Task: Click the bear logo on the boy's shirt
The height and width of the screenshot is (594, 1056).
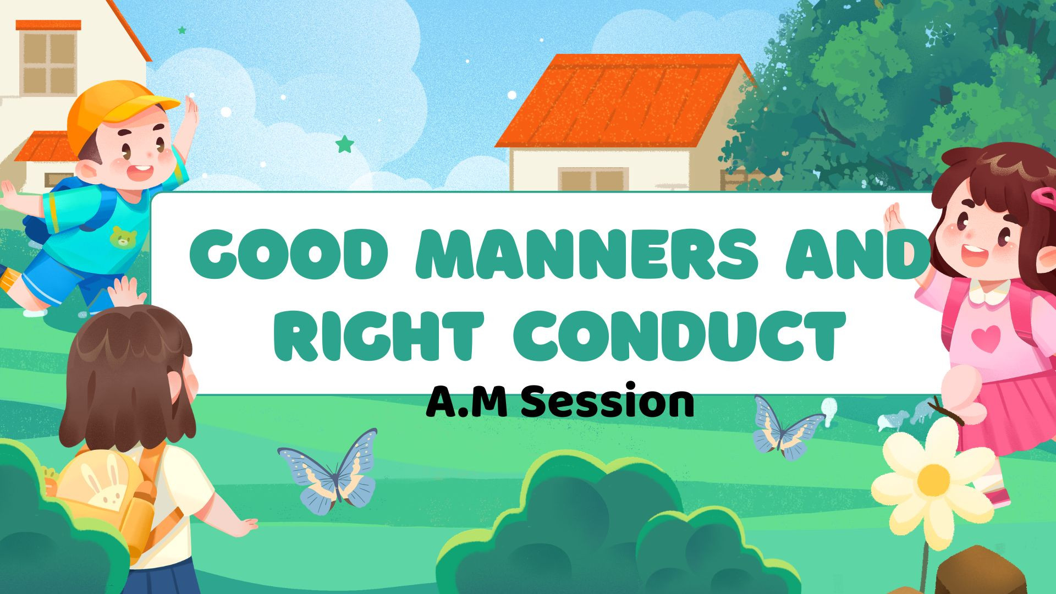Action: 124,236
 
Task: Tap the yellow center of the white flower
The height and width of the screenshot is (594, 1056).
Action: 933,479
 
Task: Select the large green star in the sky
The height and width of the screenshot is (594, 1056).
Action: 345,144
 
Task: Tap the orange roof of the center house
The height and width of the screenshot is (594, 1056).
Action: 624,101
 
